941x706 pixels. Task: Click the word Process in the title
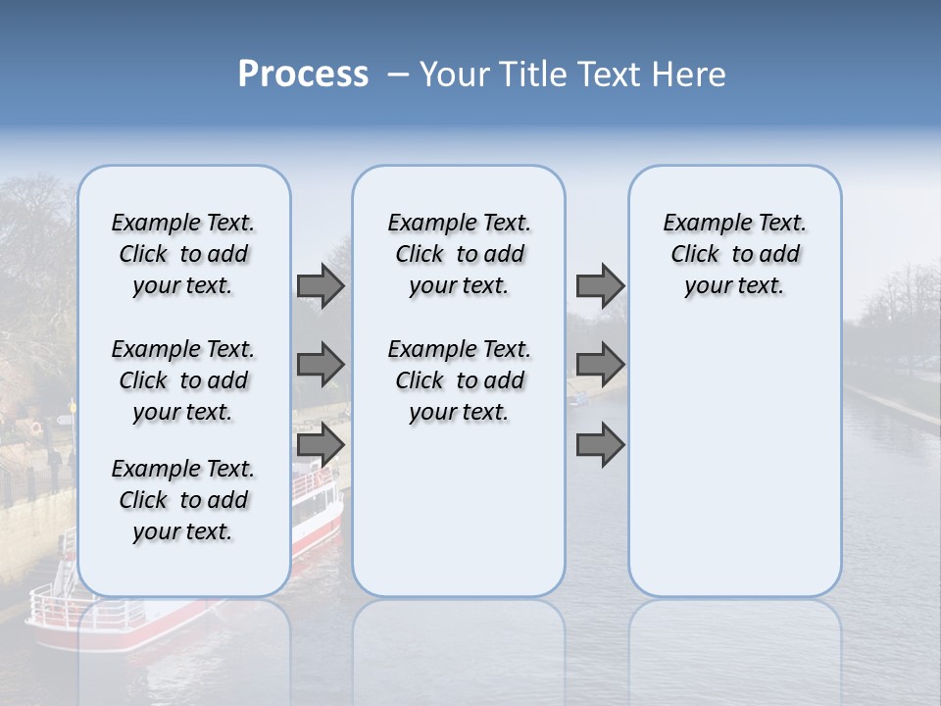pos(303,74)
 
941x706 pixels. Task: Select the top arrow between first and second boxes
pos(321,286)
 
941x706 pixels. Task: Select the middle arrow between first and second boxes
pos(321,366)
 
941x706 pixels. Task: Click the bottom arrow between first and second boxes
pos(321,446)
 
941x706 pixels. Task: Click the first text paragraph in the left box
pos(183,254)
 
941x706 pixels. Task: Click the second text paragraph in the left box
pos(183,380)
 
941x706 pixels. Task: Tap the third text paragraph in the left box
pos(183,500)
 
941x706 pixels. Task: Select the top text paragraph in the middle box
pos(459,254)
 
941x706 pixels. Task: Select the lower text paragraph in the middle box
pos(459,380)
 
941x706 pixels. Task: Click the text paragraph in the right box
pos(734,254)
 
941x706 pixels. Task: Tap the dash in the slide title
pos(398,75)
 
